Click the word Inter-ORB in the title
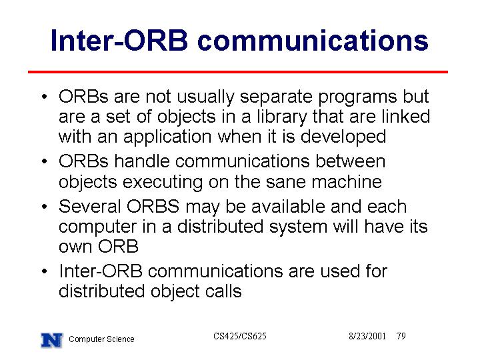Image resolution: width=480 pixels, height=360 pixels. (x=119, y=40)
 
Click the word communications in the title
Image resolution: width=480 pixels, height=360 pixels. (x=313, y=40)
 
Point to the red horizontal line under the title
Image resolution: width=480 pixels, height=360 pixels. (x=238, y=72)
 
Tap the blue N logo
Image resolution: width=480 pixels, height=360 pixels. (x=52, y=340)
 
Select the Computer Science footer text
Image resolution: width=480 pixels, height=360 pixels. (x=101, y=339)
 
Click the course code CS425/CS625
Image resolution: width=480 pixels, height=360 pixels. (x=240, y=336)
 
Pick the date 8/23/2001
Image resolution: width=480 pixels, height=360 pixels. (x=367, y=336)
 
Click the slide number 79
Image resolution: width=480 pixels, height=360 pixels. (x=401, y=336)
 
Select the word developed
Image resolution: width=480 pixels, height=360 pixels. (x=343, y=137)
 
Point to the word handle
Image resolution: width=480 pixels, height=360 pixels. (x=142, y=161)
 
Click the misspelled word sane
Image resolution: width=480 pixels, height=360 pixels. (x=285, y=183)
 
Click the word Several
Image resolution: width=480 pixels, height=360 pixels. (x=90, y=206)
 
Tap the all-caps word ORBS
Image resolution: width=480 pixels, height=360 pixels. (x=153, y=206)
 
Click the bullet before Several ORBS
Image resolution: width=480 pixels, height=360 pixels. (x=45, y=207)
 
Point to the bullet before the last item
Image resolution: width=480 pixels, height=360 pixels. (x=45, y=271)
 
